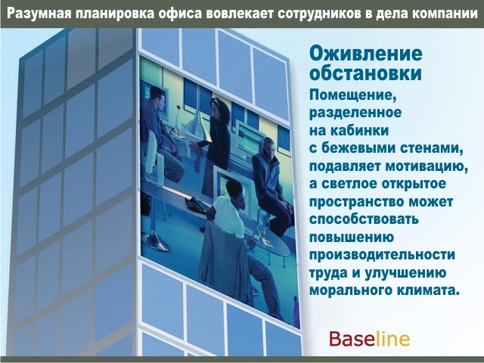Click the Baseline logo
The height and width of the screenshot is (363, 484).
click(x=369, y=339)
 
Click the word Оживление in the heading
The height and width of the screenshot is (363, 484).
click(x=366, y=54)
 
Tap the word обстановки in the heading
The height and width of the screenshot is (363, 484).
click(x=365, y=73)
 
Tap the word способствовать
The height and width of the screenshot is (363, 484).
click(x=364, y=219)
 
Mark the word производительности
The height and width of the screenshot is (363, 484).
click(x=382, y=256)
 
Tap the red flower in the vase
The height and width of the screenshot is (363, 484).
click(x=178, y=107)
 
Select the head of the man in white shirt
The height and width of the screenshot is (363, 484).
click(x=234, y=191)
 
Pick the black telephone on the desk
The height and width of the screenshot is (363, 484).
click(x=197, y=205)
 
